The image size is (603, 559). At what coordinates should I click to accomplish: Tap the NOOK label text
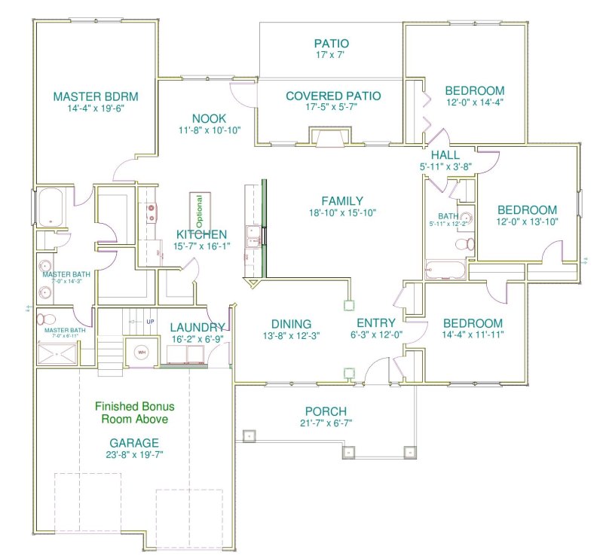pyautogui.click(x=210, y=118)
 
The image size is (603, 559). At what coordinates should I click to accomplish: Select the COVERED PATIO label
pyautogui.click(x=333, y=96)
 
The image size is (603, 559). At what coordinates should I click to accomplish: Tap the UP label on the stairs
pyautogui.click(x=150, y=322)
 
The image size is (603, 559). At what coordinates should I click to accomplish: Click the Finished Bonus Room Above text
pyautogui.click(x=135, y=412)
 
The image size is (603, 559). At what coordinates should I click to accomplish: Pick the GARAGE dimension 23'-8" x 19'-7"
pyautogui.click(x=135, y=454)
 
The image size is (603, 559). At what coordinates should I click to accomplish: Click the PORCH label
pyautogui.click(x=326, y=411)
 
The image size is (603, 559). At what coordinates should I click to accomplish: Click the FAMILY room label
pyautogui.click(x=342, y=201)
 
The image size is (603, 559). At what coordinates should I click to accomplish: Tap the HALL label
pyautogui.click(x=445, y=155)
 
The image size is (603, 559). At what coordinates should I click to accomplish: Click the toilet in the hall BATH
pyautogui.click(x=467, y=243)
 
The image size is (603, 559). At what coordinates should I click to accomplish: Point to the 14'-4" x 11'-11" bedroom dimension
pyautogui.click(x=473, y=334)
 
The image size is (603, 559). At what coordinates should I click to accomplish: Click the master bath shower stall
pyautogui.click(x=55, y=352)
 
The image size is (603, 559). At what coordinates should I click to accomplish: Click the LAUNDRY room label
pyautogui.click(x=197, y=327)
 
